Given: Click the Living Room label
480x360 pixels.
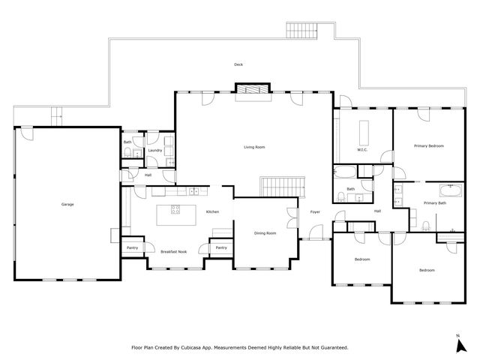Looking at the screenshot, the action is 254,147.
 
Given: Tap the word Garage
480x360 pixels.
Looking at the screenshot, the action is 67,204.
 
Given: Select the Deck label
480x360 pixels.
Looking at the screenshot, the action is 238,64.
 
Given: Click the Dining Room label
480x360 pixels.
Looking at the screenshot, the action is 265,233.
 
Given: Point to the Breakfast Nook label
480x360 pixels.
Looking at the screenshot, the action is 173,252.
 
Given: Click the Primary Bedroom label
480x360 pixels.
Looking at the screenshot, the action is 428,146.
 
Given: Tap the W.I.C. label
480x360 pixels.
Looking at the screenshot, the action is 362,150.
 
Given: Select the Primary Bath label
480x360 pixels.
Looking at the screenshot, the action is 435,203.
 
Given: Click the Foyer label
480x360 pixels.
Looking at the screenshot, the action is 315,211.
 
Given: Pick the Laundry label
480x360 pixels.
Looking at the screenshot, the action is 155,150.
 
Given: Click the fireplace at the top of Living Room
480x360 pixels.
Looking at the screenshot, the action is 253,89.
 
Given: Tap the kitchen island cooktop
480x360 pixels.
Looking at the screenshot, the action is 175,209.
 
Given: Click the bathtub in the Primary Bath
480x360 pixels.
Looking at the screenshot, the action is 451,190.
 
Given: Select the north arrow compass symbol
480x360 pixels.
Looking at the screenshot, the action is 461,346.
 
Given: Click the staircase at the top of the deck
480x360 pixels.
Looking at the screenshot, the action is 301,30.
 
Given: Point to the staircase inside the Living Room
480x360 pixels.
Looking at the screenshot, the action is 282,187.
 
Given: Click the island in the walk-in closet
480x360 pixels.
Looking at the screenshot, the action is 364,133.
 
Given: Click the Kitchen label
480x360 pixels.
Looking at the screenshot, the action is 212,211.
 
